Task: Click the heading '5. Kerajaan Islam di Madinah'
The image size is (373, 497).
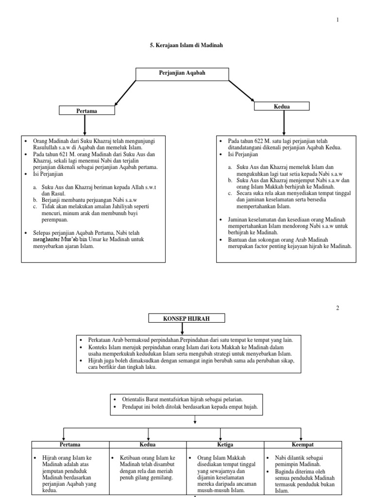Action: (186, 45)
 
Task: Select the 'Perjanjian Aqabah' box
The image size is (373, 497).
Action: (182, 73)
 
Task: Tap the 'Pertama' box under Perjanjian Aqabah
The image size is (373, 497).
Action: (86, 111)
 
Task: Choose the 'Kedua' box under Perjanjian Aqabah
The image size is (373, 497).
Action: (282, 106)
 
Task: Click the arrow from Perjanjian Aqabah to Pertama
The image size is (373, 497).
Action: (122, 93)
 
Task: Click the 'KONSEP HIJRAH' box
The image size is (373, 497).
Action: (180, 318)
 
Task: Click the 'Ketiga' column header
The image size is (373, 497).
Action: (225, 445)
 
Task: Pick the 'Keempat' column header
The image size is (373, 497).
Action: (303, 445)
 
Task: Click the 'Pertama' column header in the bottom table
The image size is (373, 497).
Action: (70, 445)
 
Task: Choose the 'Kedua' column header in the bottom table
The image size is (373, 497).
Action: (148, 445)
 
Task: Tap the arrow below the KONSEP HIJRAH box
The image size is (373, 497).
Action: (182, 329)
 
